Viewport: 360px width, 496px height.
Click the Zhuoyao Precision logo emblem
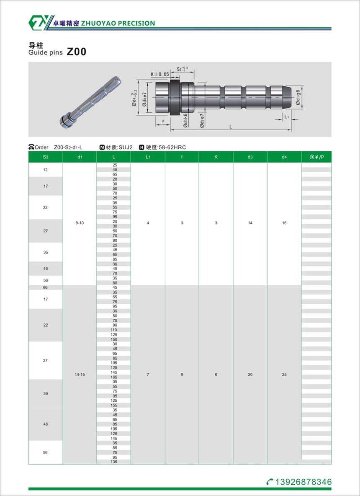38,23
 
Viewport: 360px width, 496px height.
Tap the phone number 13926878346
303,482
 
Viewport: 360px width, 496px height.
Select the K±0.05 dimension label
160,74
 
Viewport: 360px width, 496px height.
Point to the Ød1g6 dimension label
298,97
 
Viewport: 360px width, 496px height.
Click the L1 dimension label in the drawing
286,117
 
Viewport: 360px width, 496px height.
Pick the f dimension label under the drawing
163,121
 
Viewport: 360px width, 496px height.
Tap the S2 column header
46,157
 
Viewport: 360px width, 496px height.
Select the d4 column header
284,157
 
